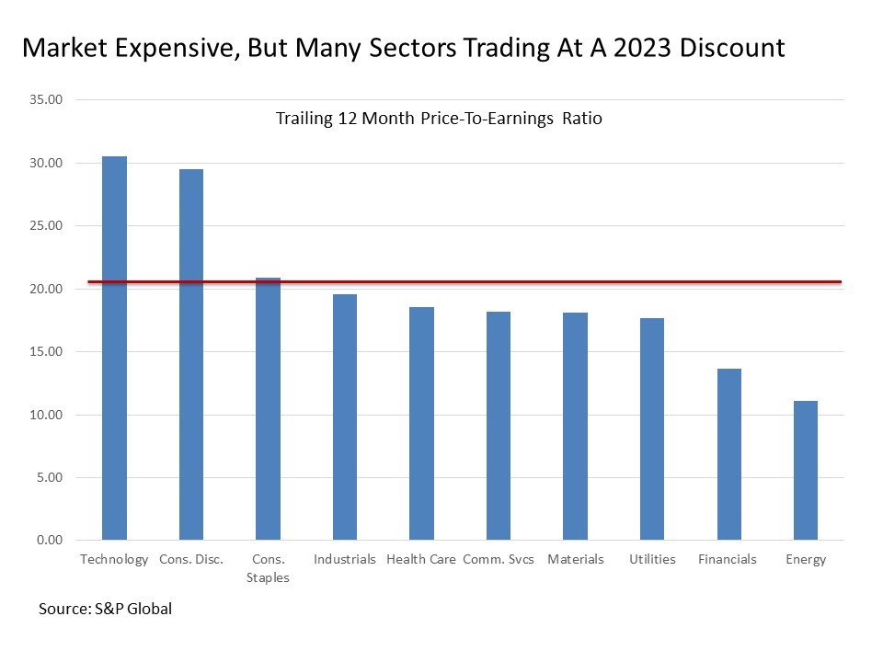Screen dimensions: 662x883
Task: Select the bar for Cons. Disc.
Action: point(191,354)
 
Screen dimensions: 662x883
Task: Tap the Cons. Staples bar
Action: point(268,408)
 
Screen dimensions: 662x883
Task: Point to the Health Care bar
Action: point(421,423)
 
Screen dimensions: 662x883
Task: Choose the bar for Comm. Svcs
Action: point(499,426)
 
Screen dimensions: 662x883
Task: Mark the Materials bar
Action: point(575,426)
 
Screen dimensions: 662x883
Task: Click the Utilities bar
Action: point(652,428)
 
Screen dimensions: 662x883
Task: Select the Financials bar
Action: point(729,454)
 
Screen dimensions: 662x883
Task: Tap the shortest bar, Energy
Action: point(806,470)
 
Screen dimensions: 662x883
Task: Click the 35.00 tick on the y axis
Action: point(44,99)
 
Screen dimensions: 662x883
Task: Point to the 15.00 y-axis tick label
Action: point(44,352)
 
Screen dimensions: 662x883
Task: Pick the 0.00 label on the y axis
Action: point(47,540)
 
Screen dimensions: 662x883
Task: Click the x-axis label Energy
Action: point(806,559)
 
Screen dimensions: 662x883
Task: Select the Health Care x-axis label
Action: point(421,559)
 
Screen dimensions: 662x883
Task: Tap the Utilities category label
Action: point(652,559)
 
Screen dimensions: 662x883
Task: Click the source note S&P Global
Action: point(105,609)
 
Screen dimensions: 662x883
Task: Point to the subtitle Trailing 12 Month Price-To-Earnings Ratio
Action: point(439,119)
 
